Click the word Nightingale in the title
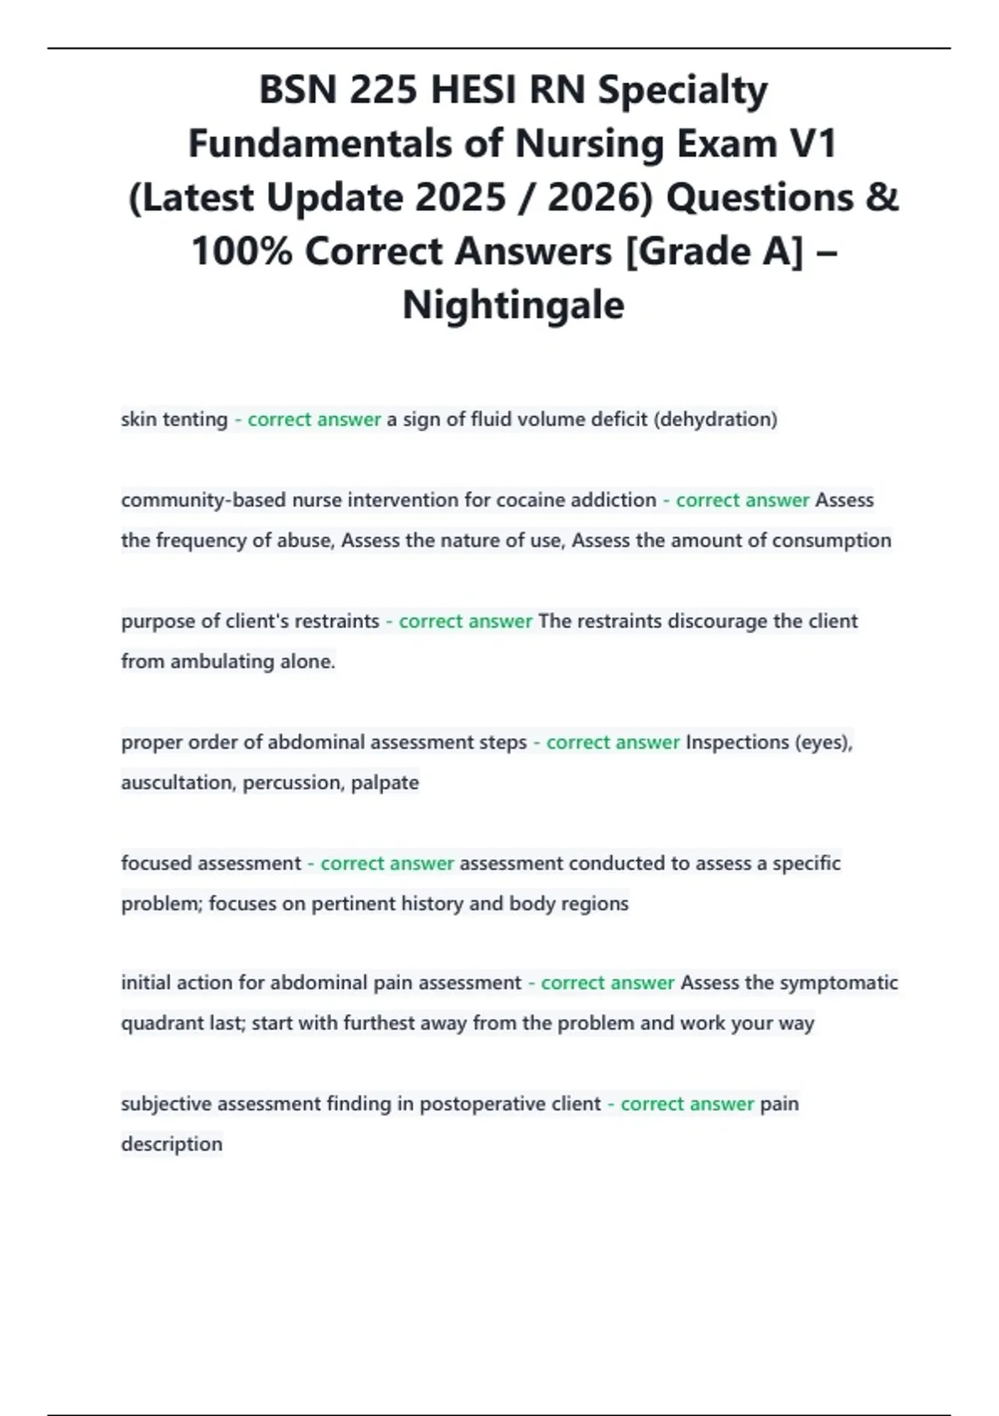pyautogui.click(x=513, y=305)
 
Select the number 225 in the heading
pyautogui.click(x=383, y=90)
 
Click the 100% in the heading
pyautogui.click(x=241, y=252)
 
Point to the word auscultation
pyautogui.click(x=177, y=782)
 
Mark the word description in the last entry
pyautogui.click(x=171, y=1144)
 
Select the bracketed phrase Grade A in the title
pyautogui.click(x=714, y=252)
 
